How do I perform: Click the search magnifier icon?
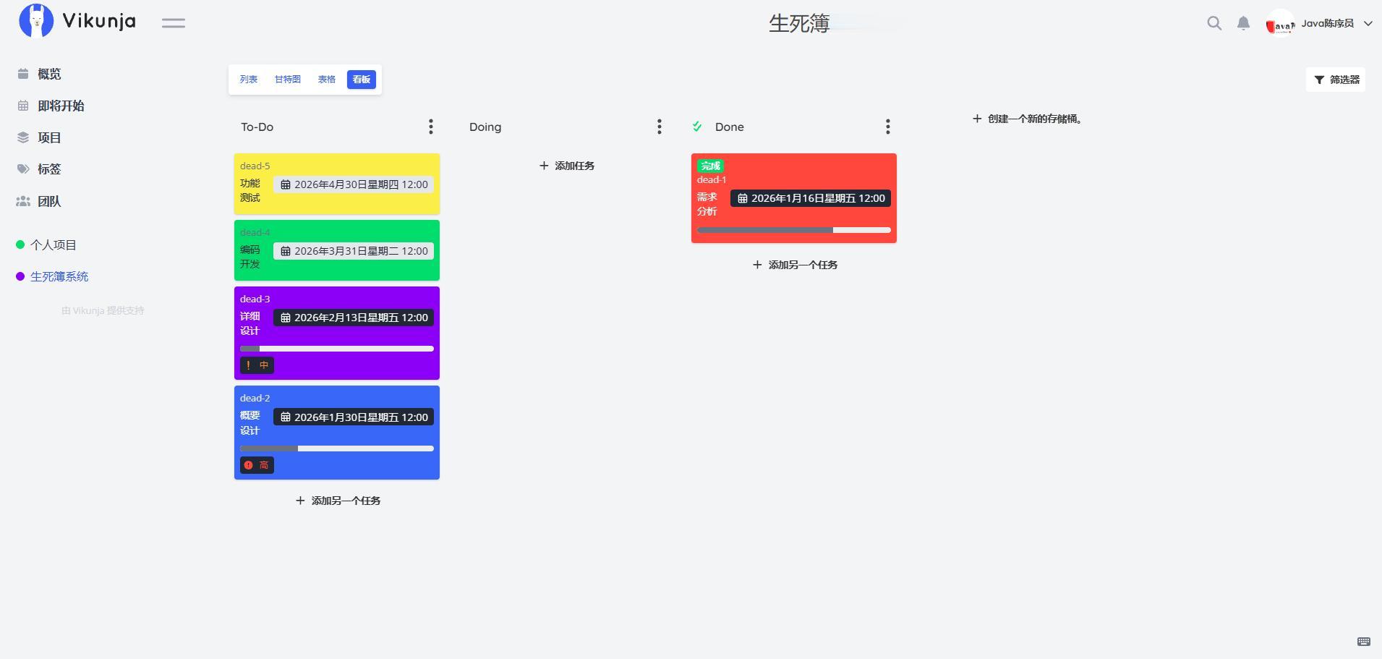point(1214,23)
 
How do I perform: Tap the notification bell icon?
point(1243,23)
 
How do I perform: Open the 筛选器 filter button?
point(1336,80)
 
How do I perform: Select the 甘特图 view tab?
point(287,80)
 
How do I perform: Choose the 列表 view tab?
point(249,80)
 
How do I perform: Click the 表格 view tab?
point(327,80)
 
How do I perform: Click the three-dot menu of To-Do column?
point(431,127)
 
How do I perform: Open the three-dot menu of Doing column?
point(660,127)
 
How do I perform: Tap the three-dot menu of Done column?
point(888,127)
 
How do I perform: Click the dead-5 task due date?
point(354,184)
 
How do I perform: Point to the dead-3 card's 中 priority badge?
point(257,365)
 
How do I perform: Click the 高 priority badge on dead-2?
point(257,465)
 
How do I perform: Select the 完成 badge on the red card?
point(710,166)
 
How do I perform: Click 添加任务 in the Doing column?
point(567,166)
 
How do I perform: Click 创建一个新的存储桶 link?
point(1027,119)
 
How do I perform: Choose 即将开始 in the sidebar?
point(61,106)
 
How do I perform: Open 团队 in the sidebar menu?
point(49,201)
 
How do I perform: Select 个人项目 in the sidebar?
point(53,245)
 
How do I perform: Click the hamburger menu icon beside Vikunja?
point(174,23)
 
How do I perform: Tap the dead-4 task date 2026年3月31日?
point(354,251)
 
